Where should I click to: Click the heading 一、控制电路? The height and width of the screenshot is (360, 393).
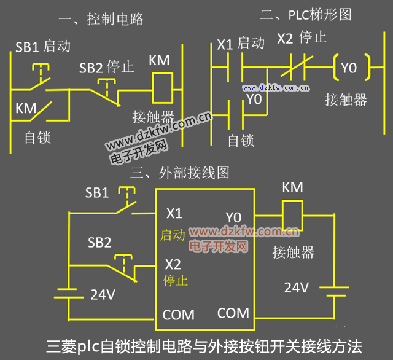[101, 19]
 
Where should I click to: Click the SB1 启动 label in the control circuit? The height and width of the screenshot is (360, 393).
[42, 46]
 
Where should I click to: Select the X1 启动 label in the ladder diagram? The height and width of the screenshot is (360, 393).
[241, 44]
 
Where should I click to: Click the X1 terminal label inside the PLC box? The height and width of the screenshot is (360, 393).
[174, 214]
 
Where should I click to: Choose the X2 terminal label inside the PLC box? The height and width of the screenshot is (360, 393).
[173, 264]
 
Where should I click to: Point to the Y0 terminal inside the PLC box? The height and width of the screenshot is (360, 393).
[234, 217]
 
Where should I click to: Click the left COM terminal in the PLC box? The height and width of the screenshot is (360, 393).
[178, 315]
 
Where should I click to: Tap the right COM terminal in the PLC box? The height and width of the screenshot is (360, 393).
[233, 313]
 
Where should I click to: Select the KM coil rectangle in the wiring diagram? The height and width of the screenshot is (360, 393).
[292, 216]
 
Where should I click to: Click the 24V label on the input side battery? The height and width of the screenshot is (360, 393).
[103, 294]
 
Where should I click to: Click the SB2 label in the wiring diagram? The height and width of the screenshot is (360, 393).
[99, 242]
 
